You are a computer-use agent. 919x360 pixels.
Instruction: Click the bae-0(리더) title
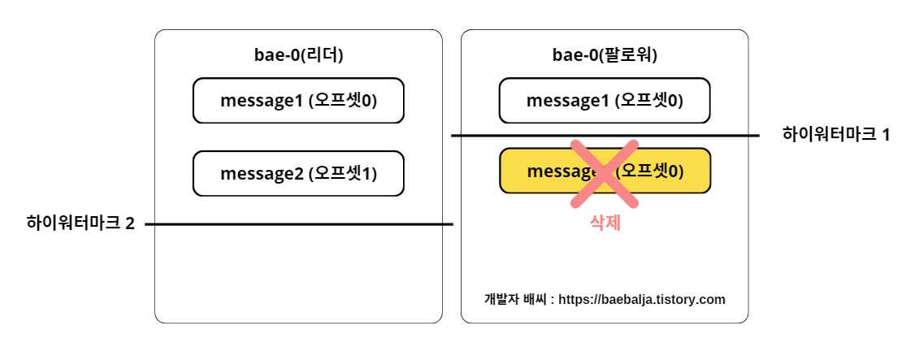[x=298, y=55]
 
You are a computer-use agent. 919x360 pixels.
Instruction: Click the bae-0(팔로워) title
[x=605, y=55]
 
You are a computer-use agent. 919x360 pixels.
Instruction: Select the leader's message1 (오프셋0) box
[x=298, y=101]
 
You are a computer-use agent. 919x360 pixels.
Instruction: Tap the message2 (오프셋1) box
[x=298, y=173]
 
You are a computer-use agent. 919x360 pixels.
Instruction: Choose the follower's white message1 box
[x=605, y=101]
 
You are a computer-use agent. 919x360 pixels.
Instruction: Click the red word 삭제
[x=605, y=223]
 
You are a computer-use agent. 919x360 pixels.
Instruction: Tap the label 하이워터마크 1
[x=836, y=135]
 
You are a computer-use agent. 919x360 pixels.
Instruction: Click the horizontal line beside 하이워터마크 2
[x=325, y=224]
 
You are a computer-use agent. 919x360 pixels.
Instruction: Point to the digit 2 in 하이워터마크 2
[x=130, y=223]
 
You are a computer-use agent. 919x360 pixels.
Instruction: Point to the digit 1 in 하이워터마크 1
[x=886, y=135]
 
